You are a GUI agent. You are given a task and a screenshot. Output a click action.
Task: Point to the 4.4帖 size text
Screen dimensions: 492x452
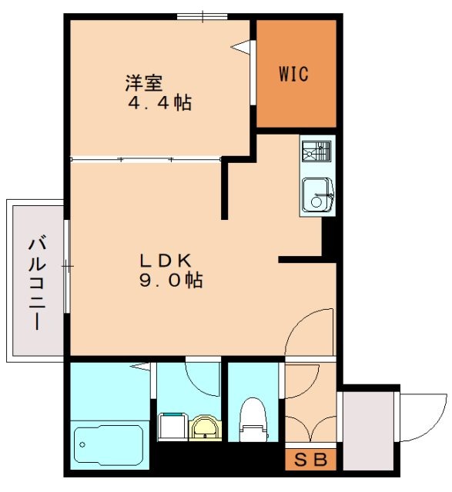click(x=159, y=102)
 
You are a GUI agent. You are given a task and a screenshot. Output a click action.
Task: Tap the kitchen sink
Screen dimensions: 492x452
click(x=316, y=194)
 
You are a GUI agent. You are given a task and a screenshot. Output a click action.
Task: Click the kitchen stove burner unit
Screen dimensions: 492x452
click(x=316, y=151)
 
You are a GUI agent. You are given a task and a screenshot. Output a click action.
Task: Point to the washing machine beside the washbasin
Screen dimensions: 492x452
click(x=173, y=427)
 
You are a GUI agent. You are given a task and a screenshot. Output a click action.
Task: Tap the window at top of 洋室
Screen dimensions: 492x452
click(x=202, y=16)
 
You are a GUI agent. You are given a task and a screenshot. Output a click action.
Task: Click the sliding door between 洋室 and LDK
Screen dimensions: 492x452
click(x=146, y=160)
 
